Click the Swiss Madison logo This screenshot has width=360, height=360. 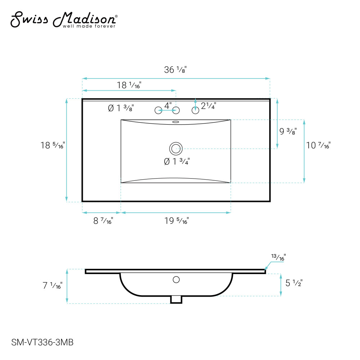click(64, 20)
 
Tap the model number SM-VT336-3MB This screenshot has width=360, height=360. click(42, 342)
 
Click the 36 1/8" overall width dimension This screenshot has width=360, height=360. click(175, 69)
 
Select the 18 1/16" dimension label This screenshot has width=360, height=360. click(129, 85)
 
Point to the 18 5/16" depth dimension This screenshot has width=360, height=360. click(53, 145)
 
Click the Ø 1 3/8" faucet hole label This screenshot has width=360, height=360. click(121, 108)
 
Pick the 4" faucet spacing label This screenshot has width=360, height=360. click(168, 105)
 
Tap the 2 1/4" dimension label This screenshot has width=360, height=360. click(208, 106)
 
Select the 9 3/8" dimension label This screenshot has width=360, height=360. click(288, 131)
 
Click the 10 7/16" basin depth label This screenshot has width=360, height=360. click(318, 145)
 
